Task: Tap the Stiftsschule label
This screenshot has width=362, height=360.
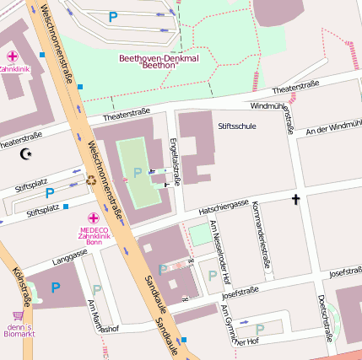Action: tap(236, 126)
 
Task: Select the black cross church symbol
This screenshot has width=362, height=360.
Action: tap(295, 200)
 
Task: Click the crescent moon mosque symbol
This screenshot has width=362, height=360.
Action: tap(24, 153)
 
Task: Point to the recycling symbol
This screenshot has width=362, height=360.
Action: tap(91, 179)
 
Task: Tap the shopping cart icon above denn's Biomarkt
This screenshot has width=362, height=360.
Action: tap(17, 314)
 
